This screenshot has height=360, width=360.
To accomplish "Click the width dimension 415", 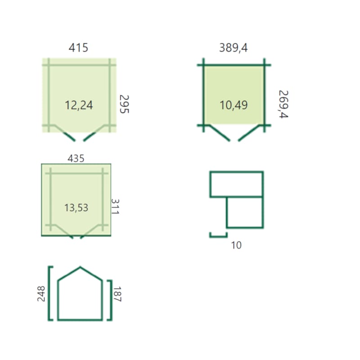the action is [78, 48].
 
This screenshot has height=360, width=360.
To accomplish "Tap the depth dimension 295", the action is [124, 104].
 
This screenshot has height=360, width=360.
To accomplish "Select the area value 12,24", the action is [79, 105].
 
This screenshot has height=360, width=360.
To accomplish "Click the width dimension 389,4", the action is [233, 48].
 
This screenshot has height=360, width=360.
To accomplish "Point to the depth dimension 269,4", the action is [283, 104].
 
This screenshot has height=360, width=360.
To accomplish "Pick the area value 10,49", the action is [234, 105].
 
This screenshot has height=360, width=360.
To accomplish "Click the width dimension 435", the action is [76, 158].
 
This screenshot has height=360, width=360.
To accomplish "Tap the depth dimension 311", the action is [115, 207].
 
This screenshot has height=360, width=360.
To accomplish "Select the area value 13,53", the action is [76, 208].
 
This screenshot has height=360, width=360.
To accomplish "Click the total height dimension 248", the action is [41, 294].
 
